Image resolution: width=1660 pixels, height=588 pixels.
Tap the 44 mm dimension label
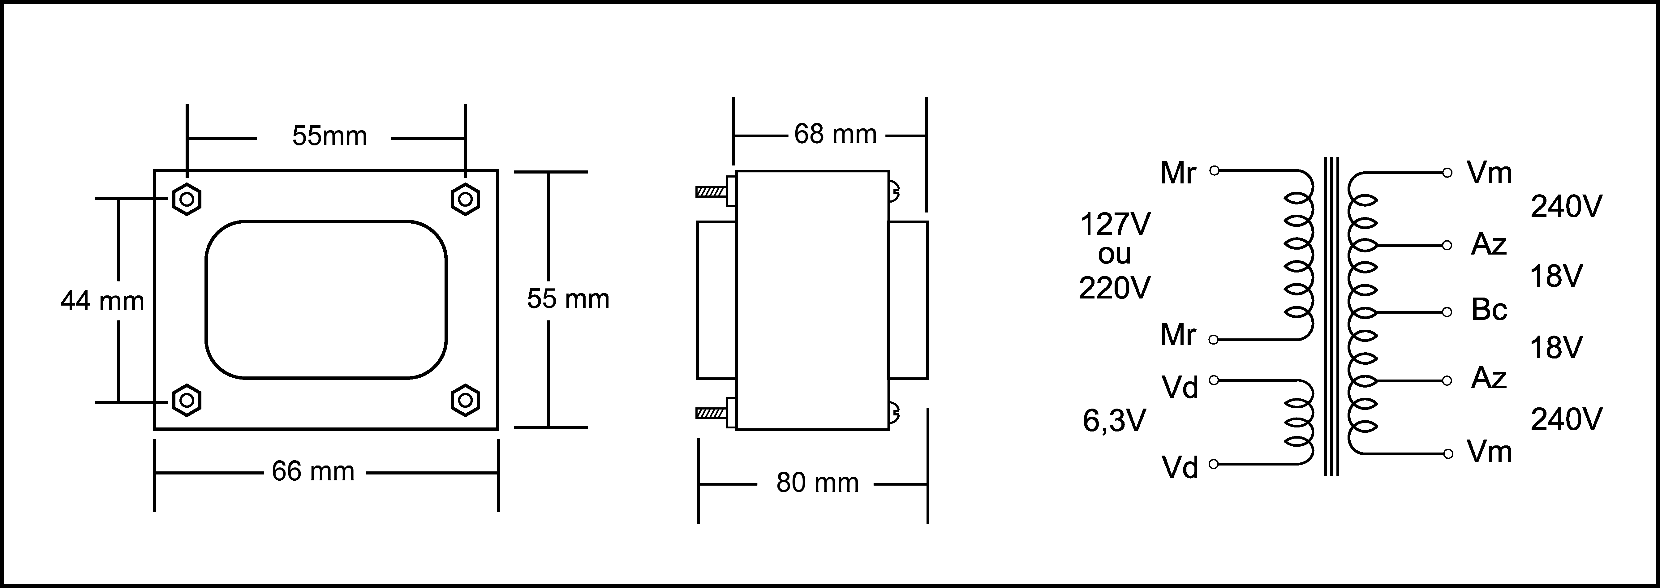point(102,301)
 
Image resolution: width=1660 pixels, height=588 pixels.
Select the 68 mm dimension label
point(835,134)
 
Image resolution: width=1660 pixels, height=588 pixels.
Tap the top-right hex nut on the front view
point(465,199)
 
